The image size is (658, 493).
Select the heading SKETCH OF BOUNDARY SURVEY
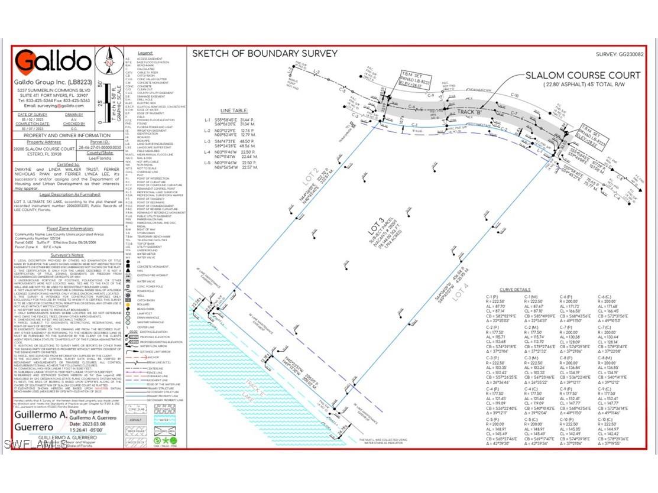point(265,54)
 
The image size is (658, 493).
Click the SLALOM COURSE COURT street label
point(582,75)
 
